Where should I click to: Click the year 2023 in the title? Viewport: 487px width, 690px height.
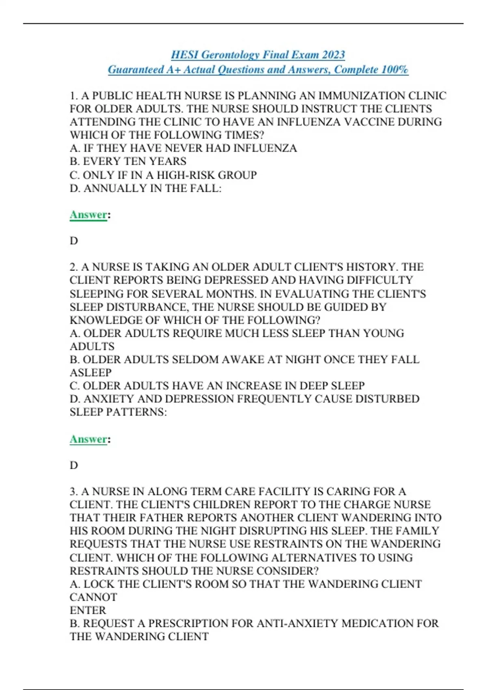point(334,54)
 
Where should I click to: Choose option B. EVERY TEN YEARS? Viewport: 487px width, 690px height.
point(128,161)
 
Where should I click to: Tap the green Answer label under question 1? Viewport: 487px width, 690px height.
point(88,214)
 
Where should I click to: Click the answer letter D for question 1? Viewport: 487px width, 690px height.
point(74,241)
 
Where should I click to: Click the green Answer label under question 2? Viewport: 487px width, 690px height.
point(88,439)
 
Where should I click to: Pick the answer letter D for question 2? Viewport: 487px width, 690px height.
point(74,465)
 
